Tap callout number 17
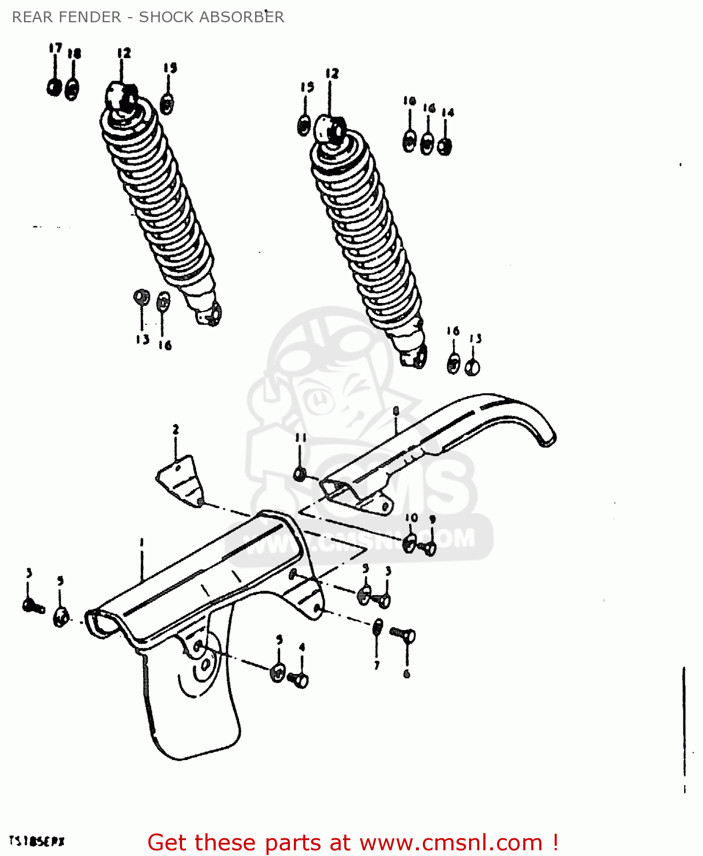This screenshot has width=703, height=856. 55,48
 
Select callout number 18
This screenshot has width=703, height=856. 74,54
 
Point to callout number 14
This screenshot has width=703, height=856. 448,112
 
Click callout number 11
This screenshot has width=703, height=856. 301,438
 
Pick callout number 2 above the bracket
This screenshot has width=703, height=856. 176,429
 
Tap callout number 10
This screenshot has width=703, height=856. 411,518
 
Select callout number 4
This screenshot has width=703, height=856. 302,647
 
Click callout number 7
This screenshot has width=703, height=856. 377,665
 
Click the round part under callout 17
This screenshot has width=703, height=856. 54,87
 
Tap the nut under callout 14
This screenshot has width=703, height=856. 445,146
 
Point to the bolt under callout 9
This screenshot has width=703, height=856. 429,548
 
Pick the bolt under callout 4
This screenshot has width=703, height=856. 298,680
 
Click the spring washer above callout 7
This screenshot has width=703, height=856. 377,627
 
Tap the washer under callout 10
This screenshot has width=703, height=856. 409,543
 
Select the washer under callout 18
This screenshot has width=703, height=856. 72,90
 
